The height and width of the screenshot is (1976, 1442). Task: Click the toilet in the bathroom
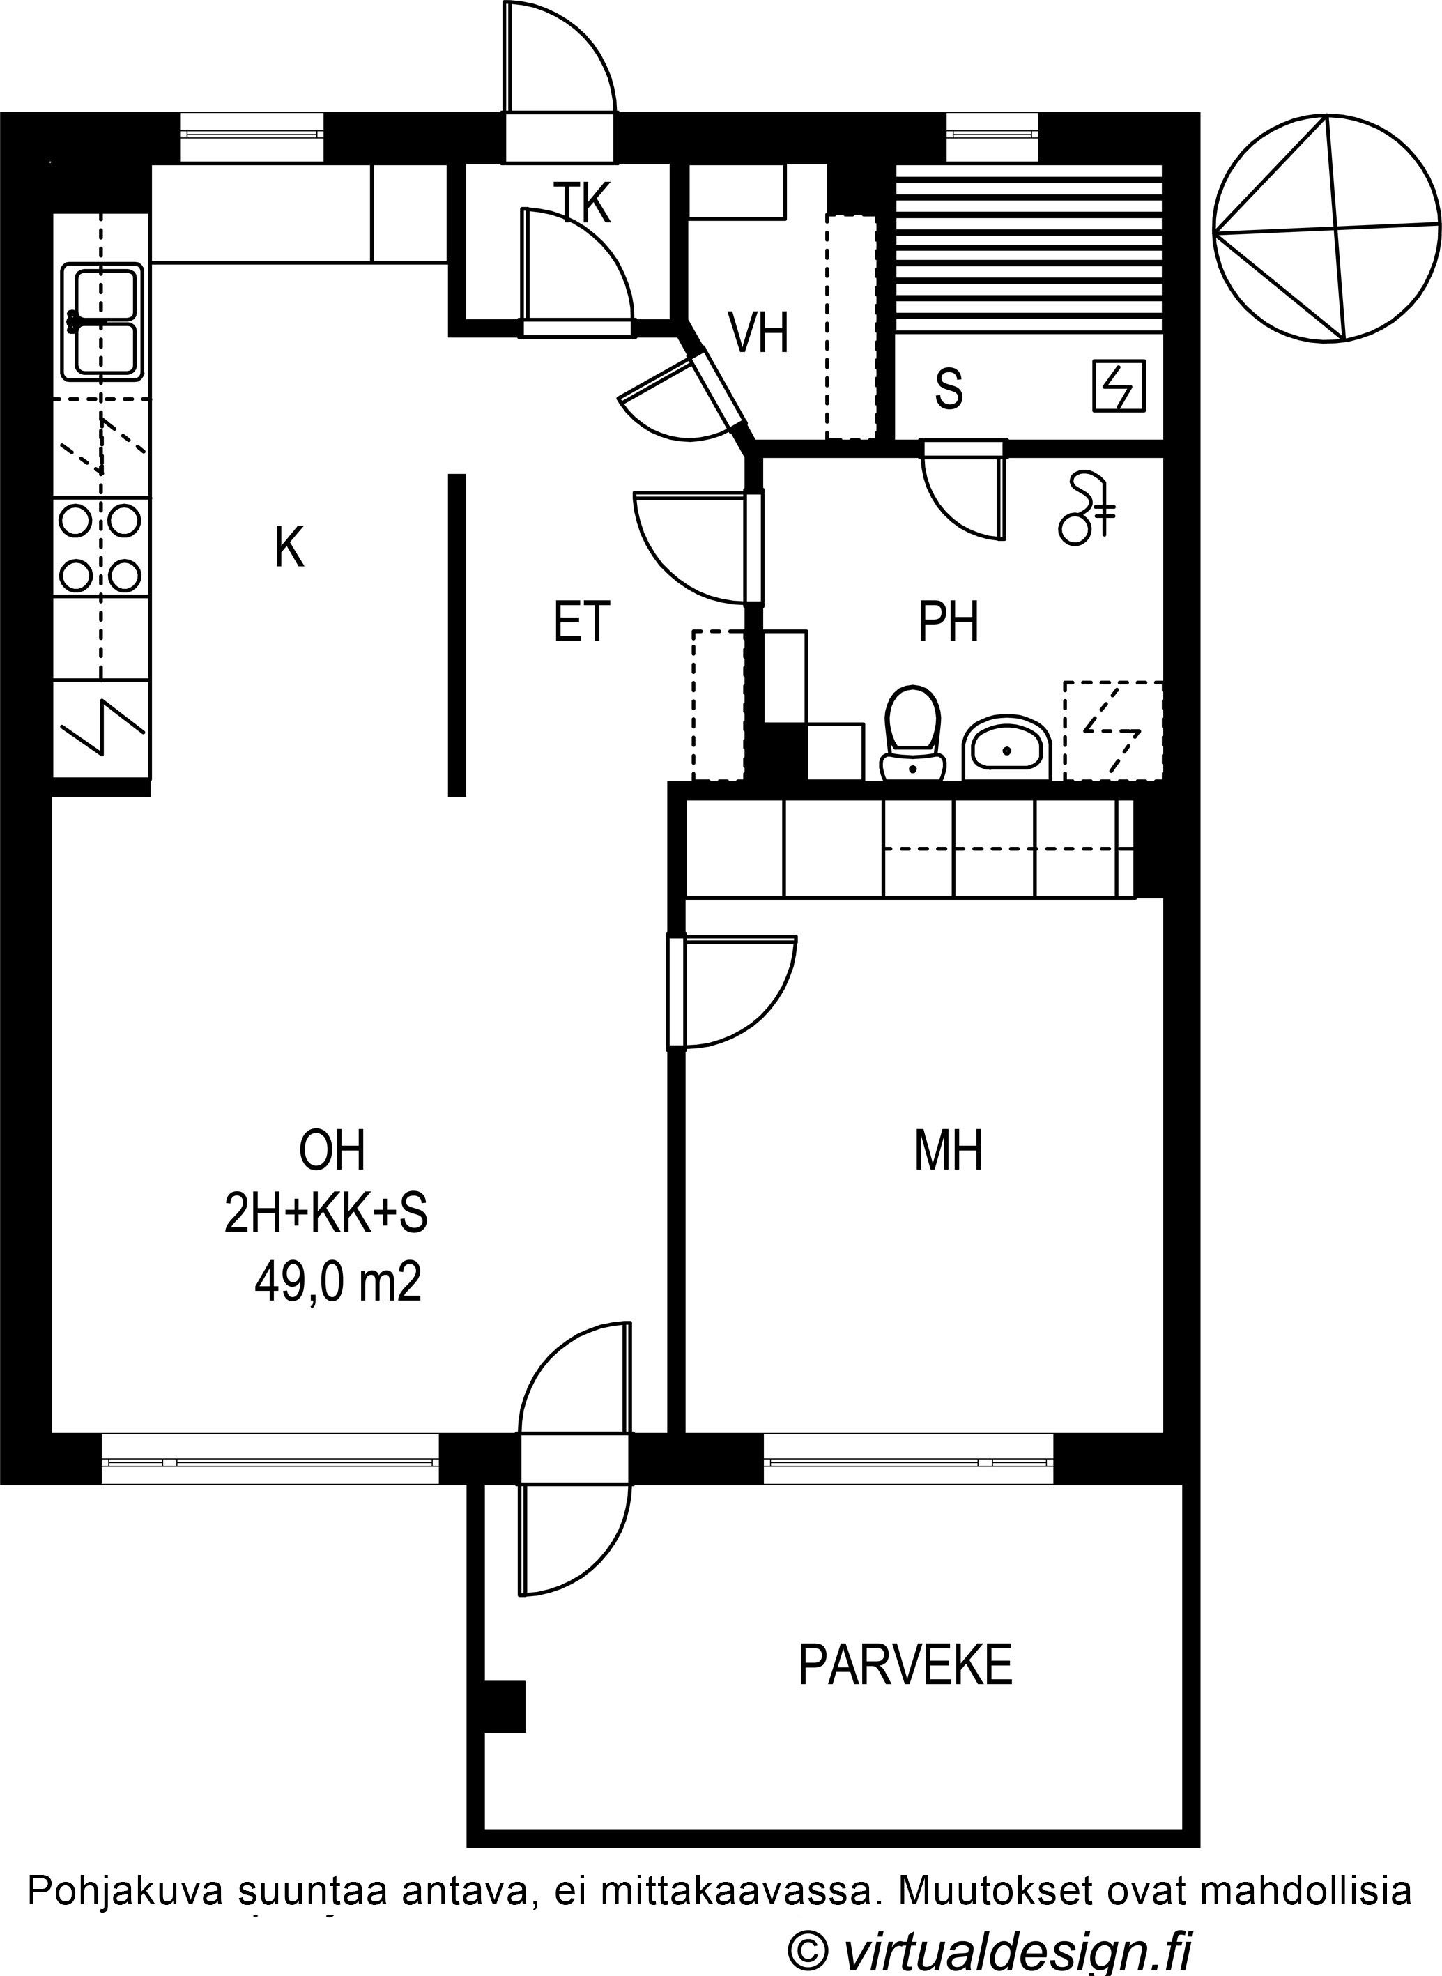(913, 733)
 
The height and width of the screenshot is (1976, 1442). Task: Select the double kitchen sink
(103, 322)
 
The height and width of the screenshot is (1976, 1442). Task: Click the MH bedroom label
(948, 1150)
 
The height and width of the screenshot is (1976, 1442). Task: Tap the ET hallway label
(581, 622)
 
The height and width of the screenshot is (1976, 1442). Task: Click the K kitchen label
(289, 547)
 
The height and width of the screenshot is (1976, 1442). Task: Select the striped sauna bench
(1030, 248)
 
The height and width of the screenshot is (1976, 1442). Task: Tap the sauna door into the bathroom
(965, 493)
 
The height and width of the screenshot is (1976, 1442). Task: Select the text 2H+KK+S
(326, 1215)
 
